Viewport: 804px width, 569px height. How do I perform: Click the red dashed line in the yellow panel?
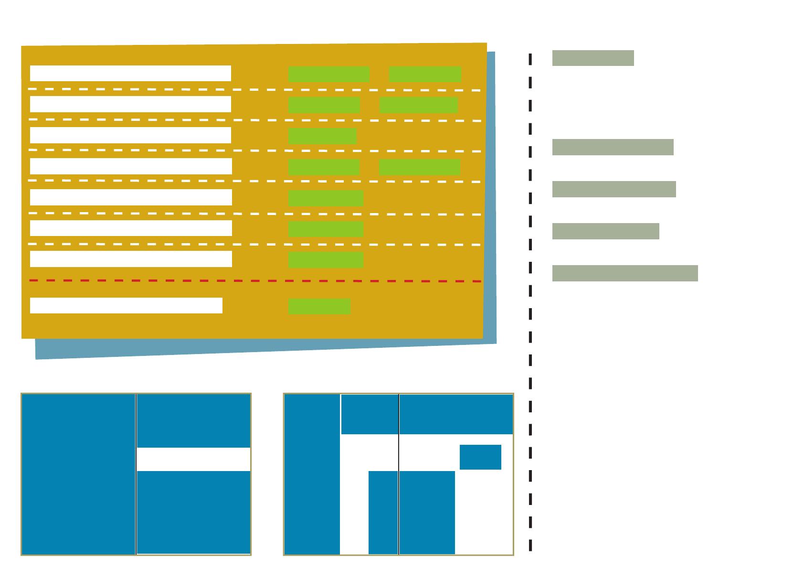pyautogui.click(x=255, y=281)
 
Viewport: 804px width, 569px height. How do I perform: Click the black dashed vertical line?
pyautogui.click(x=530, y=306)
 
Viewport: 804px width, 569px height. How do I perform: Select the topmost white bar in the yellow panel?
pyautogui.click(x=130, y=74)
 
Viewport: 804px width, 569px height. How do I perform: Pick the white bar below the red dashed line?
pyautogui.click(x=126, y=306)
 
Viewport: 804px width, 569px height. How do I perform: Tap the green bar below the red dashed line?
pyautogui.click(x=319, y=307)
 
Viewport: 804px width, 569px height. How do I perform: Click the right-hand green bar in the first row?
pyautogui.click(x=425, y=75)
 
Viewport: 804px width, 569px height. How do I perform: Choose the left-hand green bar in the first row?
pyautogui.click(x=328, y=75)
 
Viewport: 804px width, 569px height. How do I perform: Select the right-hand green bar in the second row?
pyautogui.click(x=418, y=105)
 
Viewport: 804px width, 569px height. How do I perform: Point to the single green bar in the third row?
pyautogui.click(x=322, y=136)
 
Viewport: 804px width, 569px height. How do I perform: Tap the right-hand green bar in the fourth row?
pyautogui.click(x=419, y=167)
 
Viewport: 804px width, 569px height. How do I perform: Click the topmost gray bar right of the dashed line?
pyautogui.click(x=593, y=58)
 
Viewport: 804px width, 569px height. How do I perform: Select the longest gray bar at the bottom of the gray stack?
pyautogui.click(x=625, y=273)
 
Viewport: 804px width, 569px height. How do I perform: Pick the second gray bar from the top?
pyautogui.click(x=613, y=147)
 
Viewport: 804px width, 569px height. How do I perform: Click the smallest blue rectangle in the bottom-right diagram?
pyautogui.click(x=480, y=457)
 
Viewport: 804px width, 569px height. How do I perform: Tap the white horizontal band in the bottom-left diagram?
pyautogui.click(x=193, y=459)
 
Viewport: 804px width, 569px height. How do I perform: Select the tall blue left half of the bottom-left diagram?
pyautogui.click(x=78, y=474)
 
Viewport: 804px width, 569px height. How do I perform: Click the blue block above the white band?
pyautogui.click(x=193, y=420)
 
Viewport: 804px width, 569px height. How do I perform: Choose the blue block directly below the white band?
pyautogui.click(x=193, y=512)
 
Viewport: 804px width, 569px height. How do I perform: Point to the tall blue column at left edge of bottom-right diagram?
pyautogui.click(x=312, y=474)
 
